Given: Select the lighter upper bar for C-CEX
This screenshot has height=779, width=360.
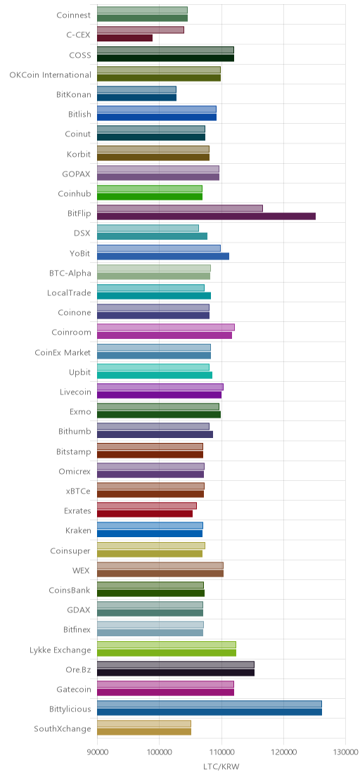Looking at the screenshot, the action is tap(141, 30).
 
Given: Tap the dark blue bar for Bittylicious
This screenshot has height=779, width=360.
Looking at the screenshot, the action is tap(210, 712).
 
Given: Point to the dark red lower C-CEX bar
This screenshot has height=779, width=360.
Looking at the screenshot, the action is tap(124, 38).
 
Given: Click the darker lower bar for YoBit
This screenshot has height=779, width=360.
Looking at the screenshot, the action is tap(163, 256).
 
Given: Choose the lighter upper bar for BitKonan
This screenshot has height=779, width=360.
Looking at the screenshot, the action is tap(136, 89).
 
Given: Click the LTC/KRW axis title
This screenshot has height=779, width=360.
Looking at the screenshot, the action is tap(221, 767).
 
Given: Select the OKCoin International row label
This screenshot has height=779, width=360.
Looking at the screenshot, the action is tap(50, 75).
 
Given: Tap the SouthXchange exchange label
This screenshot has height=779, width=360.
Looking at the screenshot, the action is tap(63, 729).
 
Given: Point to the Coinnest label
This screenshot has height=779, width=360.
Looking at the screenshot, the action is tap(74, 15).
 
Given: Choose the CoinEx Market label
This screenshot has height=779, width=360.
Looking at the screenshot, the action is tap(63, 353).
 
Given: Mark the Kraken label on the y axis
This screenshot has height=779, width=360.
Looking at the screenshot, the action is tap(79, 531).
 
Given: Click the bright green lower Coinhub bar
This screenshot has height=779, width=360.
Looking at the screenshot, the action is tap(150, 196).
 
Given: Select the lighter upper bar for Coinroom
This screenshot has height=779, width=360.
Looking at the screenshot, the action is tap(166, 328).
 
